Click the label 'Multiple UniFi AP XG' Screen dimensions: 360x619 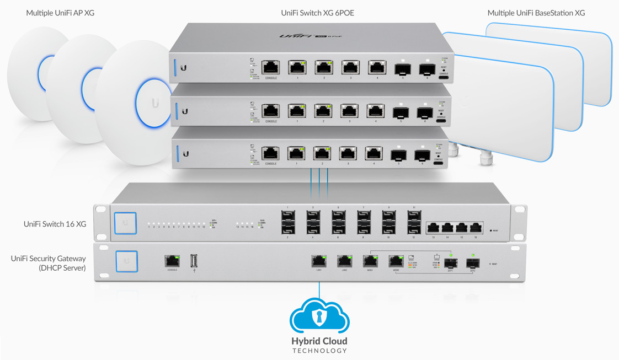[x=60, y=13]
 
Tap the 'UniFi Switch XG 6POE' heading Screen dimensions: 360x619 [x=317, y=13]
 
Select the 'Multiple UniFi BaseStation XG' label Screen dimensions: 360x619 [x=536, y=13]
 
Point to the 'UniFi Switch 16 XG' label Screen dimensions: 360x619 [x=55, y=224]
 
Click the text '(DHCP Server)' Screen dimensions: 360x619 [x=62, y=268]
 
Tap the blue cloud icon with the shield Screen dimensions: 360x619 [x=319, y=316]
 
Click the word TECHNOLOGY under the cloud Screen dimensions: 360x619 [x=319, y=351]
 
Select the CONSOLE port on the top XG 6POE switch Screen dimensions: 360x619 [x=270, y=68]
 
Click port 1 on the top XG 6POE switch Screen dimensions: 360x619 [x=297, y=68]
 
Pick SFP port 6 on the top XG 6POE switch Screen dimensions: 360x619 [x=426, y=69]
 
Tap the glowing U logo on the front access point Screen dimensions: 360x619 [x=155, y=103]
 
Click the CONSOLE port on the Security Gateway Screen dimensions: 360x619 [x=172, y=261]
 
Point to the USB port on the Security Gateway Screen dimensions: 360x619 [x=194, y=261]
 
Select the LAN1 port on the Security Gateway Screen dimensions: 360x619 [x=318, y=261]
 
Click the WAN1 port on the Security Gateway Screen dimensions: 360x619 [x=370, y=261]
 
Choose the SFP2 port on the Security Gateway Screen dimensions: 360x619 [x=473, y=264]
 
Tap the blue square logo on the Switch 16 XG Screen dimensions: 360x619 [x=125, y=223]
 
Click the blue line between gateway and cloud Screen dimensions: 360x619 [x=319, y=291]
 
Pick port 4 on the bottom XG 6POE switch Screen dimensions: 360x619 [x=373, y=153]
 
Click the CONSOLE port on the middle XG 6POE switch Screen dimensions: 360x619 [x=270, y=111]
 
